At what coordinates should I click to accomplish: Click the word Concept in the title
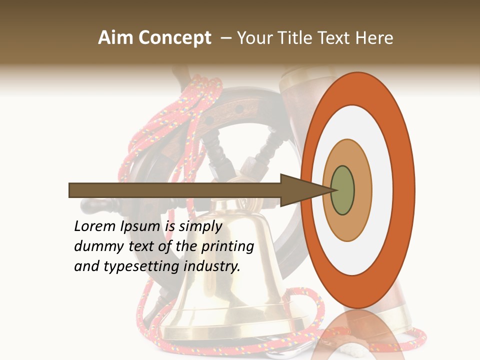pos(175,38)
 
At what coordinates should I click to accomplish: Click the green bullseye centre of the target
pos(343,190)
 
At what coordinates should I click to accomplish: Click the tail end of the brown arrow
pos(70,190)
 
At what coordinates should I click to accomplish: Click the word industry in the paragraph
pos(212,266)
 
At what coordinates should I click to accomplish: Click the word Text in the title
pos(336,38)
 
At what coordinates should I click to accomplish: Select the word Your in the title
pos(253,38)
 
